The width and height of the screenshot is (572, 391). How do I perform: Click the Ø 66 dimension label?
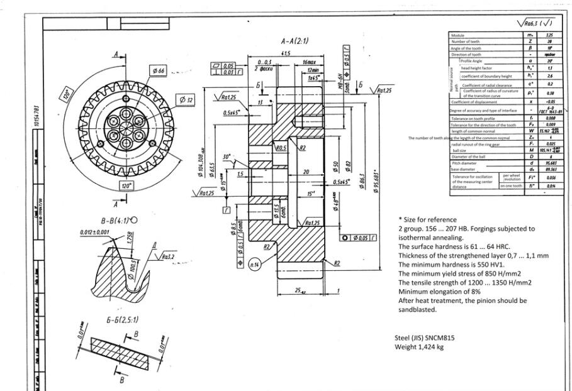tap(158, 71)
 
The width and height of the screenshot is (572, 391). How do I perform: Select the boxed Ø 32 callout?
tap(186, 99)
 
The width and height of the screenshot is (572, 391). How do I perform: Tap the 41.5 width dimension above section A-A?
tap(286, 54)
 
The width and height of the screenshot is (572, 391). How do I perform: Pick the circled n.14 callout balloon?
tap(256, 265)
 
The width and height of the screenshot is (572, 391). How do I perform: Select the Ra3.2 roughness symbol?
tap(167, 256)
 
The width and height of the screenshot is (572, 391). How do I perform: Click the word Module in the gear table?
tap(459, 35)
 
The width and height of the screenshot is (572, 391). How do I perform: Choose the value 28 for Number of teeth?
tap(532, 41)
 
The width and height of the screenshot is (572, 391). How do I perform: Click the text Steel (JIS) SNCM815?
tap(424, 337)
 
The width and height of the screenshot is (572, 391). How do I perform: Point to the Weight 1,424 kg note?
tap(419, 346)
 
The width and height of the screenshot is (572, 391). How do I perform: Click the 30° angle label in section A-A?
tap(226, 157)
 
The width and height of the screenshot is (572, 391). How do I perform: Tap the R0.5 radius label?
tap(281, 148)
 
